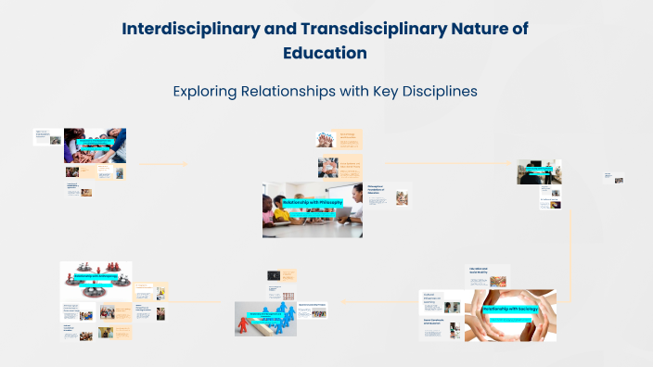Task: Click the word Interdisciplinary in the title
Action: tap(189, 28)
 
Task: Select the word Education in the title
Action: tap(325, 53)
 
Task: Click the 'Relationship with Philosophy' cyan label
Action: tap(312, 201)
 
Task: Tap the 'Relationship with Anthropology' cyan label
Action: tap(96, 275)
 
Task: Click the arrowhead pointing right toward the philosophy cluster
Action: tap(186, 165)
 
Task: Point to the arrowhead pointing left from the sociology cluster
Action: tap(342, 301)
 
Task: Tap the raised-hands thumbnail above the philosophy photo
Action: tap(325, 140)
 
